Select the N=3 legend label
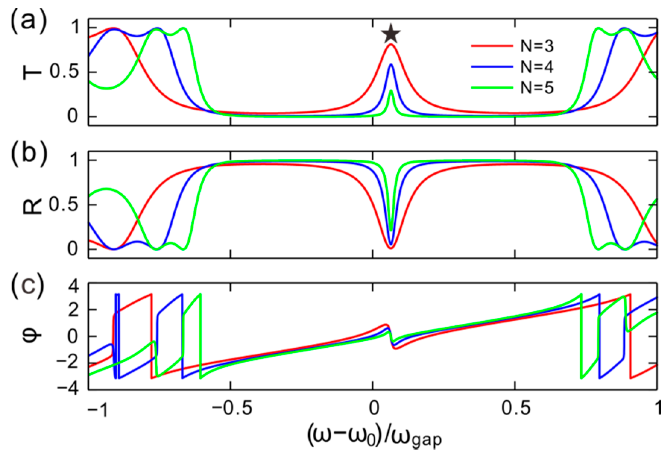click(x=537, y=46)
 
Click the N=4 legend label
click(x=537, y=67)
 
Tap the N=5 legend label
click(x=537, y=88)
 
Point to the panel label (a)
click(x=28, y=21)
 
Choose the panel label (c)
click(x=28, y=286)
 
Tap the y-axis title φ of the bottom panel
click(x=33, y=336)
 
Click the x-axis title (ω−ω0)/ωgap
click(x=374, y=436)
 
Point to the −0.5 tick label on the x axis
click(x=231, y=408)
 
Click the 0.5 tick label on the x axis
click(x=515, y=408)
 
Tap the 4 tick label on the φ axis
click(x=74, y=287)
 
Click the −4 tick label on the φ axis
click(x=68, y=388)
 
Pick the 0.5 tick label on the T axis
click(x=64, y=72)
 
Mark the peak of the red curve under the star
click(x=391, y=45)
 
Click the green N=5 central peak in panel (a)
click(x=391, y=91)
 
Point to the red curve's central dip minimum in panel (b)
click(x=391, y=248)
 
